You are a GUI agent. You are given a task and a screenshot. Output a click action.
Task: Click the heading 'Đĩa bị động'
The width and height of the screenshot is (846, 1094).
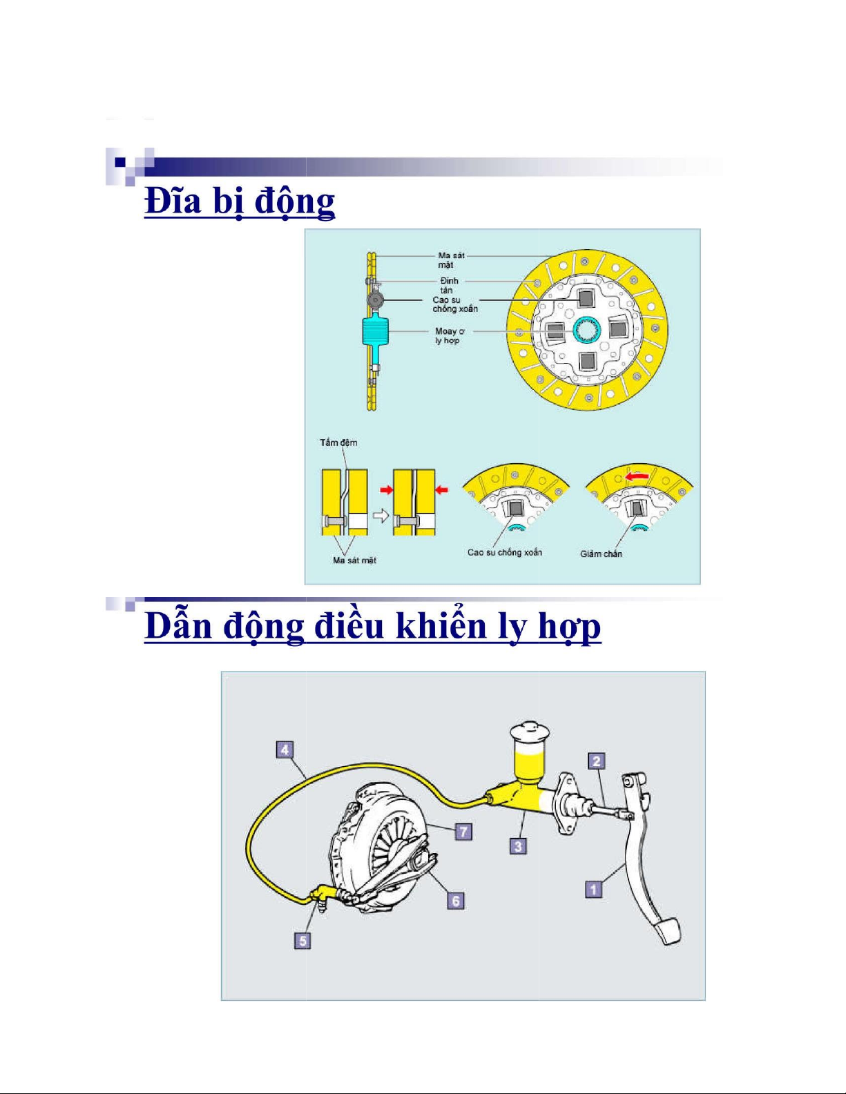click(240, 202)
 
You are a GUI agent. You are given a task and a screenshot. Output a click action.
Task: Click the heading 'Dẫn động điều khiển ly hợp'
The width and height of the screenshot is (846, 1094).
click(373, 627)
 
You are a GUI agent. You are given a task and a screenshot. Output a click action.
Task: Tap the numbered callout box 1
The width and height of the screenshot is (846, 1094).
click(594, 890)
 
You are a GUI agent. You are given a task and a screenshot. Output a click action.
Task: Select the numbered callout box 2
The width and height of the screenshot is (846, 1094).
click(597, 761)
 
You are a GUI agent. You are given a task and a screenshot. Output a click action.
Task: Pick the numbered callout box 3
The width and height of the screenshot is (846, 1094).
click(518, 846)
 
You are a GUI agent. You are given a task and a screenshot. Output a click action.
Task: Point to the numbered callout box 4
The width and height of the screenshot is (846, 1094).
click(285, 750)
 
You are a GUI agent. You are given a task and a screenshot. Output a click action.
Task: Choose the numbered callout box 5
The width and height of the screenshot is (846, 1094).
click(302, 941)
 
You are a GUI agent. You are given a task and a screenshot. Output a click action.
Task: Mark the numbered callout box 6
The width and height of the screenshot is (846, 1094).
click(456, 901)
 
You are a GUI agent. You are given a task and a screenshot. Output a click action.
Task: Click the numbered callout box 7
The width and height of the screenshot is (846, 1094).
click(464, 831)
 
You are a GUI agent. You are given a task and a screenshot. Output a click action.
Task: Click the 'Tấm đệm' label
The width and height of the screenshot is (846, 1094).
click(338, 442)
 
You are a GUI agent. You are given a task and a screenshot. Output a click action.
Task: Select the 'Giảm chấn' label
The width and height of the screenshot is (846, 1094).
click(602, 554)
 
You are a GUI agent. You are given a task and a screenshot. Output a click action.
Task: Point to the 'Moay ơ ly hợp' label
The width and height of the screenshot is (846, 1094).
click(449, 336)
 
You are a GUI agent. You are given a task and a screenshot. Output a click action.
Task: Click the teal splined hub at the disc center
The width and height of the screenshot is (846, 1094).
click(587, 330)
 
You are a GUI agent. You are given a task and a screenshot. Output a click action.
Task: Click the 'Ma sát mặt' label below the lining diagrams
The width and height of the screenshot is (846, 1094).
click(354, 560)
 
